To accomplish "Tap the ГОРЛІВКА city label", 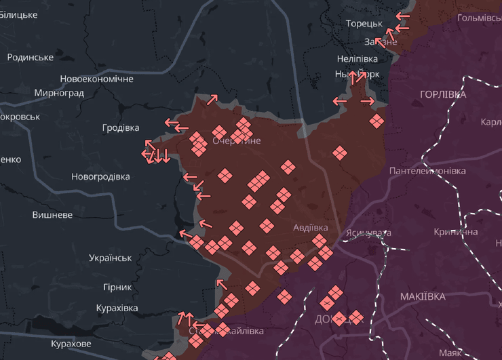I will click(x=443, y=94).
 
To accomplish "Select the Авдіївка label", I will click(x=311, y=228).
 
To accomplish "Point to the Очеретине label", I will click(x=237, y=141).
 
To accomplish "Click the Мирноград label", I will click(x=59, y=93).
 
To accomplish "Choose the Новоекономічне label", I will click(x=96, y=79).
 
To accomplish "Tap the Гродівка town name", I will click(x=121, y=128).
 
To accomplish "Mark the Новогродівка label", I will click(x=100, y=177).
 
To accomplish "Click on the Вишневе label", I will click(x=52, y=215).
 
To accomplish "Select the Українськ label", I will click(x=110, y=258).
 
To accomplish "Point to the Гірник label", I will click(x=117, y=287).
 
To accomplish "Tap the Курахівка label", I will click(x=117, y=308).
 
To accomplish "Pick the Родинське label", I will click(x=31, y=58).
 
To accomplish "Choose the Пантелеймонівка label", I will click(x=427, y=171).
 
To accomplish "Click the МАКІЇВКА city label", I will click(x=423, y=297).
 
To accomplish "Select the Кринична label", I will click(x=456, y=232).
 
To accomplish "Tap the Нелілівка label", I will click(x=356, y=58).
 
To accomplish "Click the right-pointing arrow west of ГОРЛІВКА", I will click(x=368, y=102).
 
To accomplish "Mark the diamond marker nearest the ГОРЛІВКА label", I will click(x=377, y=121).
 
